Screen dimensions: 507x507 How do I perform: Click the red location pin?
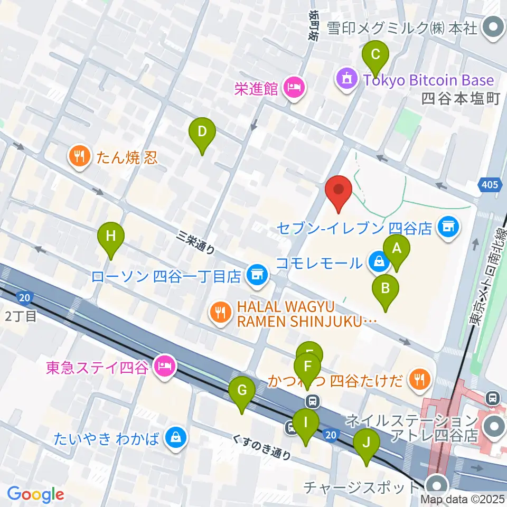[x=339, y=193]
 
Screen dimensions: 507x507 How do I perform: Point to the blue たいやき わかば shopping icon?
[x=174, y=438]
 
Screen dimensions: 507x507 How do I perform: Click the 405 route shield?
[x=489, y=185]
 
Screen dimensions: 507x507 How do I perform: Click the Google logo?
[x=36, y=494]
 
